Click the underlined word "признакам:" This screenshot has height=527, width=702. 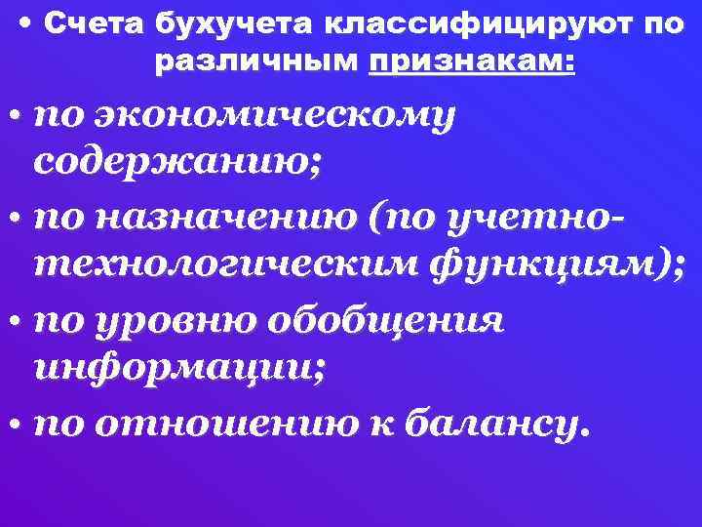(x=472, y=62)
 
